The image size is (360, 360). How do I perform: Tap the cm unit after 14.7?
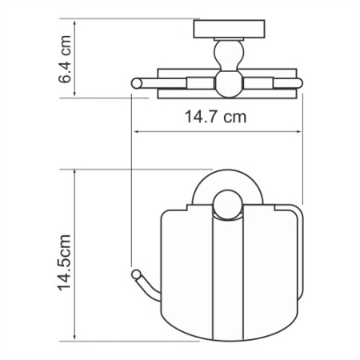click(233, 117)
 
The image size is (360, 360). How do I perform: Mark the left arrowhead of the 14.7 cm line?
click(134, 131)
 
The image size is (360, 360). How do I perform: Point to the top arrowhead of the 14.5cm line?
click(75, 171)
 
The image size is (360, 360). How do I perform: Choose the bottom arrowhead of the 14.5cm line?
click(75, 337)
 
